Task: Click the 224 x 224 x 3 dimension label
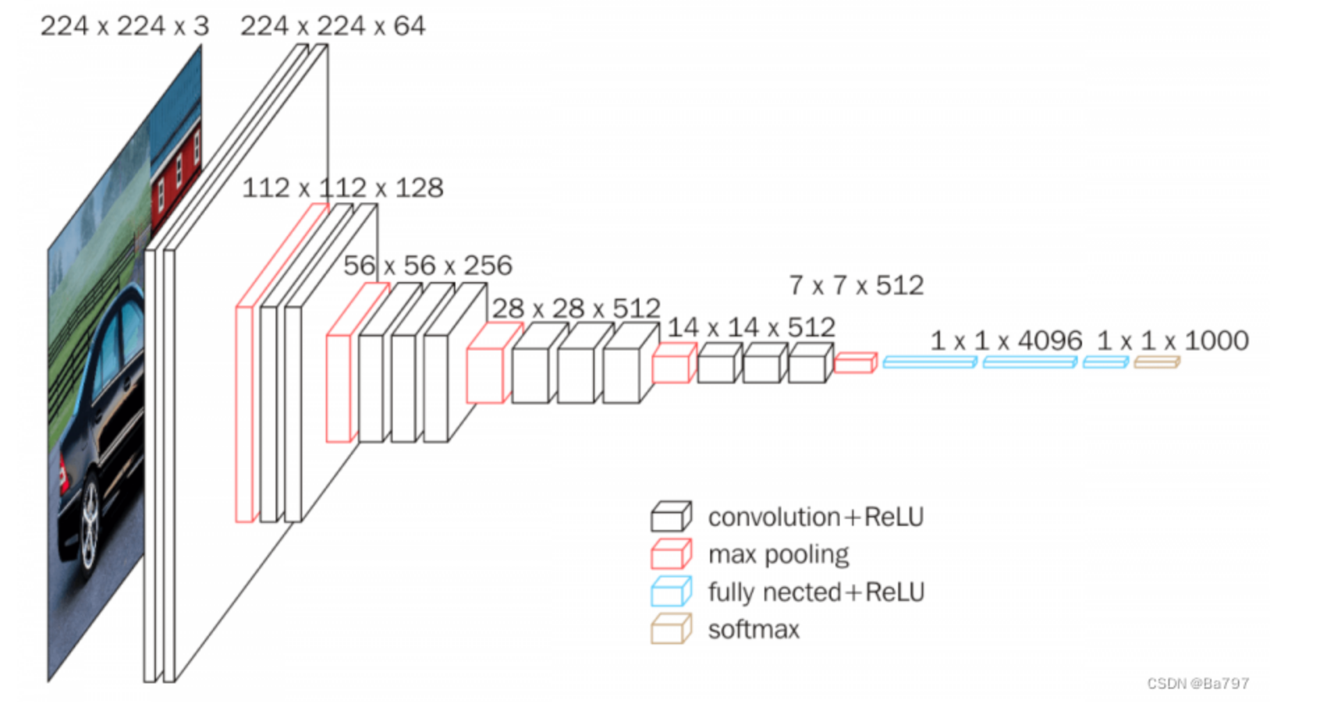tap(124, 26)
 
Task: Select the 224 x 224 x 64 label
tap(332, 26)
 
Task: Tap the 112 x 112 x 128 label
tap(342, 188)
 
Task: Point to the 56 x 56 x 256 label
tap(427, 265)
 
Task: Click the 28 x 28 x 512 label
tap(576, 309)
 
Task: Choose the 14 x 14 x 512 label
tap(751, 327)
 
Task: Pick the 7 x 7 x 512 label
tap(856, 286)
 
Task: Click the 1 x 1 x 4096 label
tap(1006, 341)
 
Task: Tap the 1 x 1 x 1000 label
tap(1172, 341)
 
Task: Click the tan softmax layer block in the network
tap(1156, 362)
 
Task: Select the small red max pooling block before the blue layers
tap(855, 363)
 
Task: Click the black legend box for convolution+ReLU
tap(670, 517)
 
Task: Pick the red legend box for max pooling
tap(670, 554)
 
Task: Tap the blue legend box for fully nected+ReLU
tap(670, 592)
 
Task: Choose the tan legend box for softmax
tap(670, 629)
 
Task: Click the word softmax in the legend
tap(753, 630)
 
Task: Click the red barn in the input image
tap(176, 174)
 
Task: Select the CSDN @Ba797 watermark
tap(1198, 683)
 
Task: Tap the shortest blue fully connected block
tap(1105, 362)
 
